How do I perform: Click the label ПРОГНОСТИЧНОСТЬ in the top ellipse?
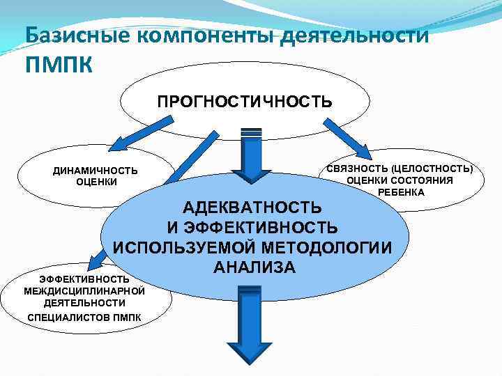coord(245,102)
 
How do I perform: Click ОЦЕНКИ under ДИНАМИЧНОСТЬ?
coord(96,182)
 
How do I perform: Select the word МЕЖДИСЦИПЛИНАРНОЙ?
coord(84,290)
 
